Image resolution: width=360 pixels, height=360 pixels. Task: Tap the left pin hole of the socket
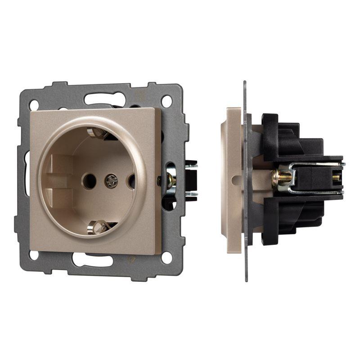pyautogui.click(x=88, y=181)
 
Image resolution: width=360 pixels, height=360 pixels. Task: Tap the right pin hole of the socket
pyautogui.click(x=131, y=181)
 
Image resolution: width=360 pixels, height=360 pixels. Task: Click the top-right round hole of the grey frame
pyautogui.click(x=167, y=100)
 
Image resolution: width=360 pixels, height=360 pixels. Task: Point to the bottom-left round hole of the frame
pyautogui.click(x=34, y=255)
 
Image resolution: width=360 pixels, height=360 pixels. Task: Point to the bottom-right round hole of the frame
pyautogui.click(x=167, y=257)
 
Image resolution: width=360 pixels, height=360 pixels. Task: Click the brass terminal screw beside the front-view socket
pyautogui.click(x=171, y=181)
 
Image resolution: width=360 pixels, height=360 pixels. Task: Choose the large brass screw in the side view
pyautogui.click(x=281, y=176)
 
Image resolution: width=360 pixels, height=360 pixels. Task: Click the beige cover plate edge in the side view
pyautogui.click(x=233, y=180)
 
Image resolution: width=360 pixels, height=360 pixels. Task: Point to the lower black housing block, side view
pyautogui.click(x=292, y=220)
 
